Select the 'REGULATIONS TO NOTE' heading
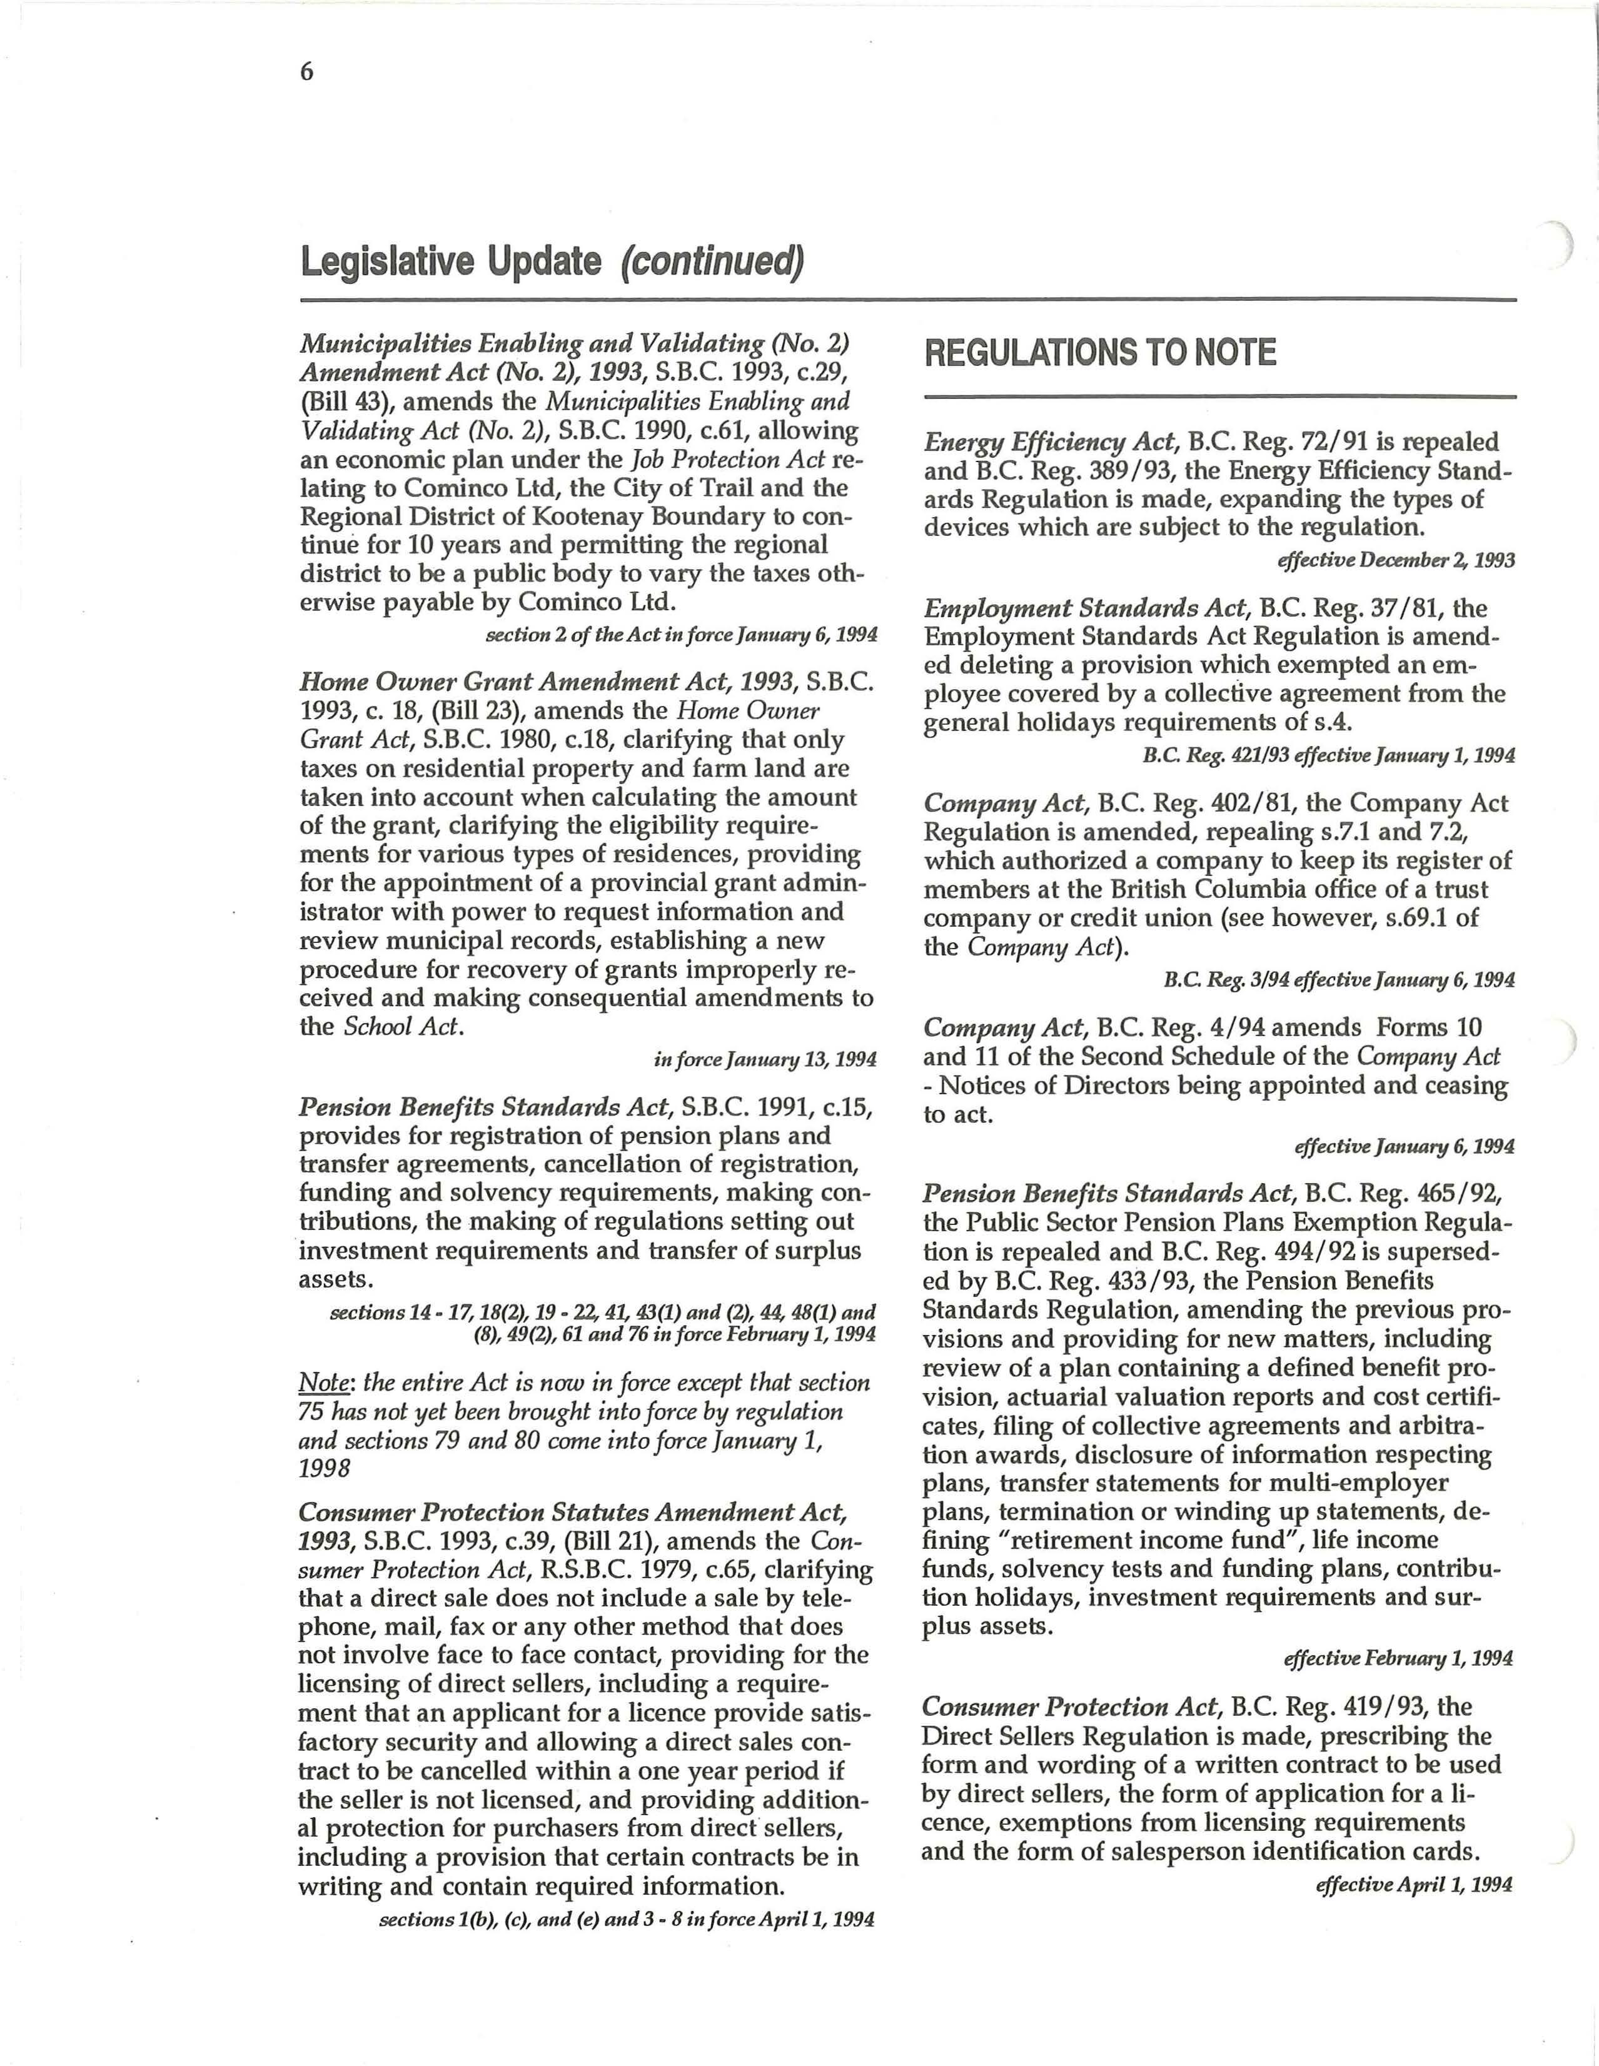point(1099,353)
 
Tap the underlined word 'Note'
point(325,1382)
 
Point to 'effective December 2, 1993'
point(1396,560)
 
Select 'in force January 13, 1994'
point(765,1059)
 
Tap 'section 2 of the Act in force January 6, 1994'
point(681,634)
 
